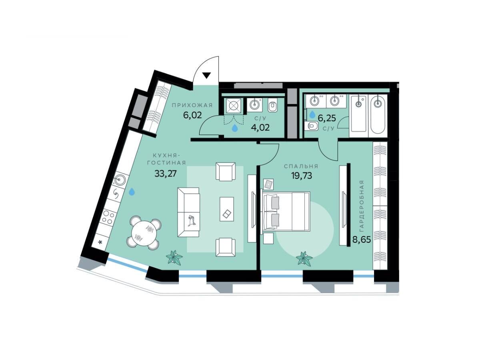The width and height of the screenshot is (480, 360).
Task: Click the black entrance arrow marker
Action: coord(206,75)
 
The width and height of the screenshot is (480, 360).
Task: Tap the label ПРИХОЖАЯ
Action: coord(192,105)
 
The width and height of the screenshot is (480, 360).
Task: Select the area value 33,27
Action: coord(165,174)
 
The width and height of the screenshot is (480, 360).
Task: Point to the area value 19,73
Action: coord(301,176)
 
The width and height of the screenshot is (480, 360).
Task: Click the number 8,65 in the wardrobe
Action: coord(362,240)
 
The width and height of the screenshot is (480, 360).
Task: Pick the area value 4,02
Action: coord(260,128)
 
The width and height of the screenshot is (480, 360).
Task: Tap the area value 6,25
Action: coord(327,118)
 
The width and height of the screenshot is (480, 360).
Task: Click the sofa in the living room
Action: coord(188,212)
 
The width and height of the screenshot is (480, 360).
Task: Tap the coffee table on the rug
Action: coord(227,209)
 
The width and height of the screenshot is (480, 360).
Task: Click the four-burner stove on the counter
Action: coord(109,217)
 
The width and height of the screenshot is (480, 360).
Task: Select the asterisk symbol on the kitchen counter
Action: coord(100,242)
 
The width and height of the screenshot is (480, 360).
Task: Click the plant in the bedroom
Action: coord(304,258)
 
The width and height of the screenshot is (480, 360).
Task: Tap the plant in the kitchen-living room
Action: coord(174,258)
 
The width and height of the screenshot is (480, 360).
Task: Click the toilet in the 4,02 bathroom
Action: coord(272,106)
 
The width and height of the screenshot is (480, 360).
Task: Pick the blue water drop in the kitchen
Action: coord(132,192)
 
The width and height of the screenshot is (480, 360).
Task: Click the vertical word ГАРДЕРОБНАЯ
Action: coord(362,206)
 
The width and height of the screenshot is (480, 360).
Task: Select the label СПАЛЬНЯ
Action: coord(301,166)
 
